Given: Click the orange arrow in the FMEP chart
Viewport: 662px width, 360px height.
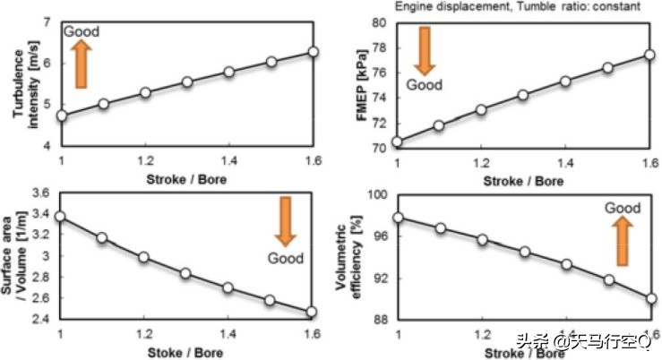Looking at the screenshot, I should (x=425, y=50).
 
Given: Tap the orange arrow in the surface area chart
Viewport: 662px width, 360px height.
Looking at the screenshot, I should (x=286, y=222).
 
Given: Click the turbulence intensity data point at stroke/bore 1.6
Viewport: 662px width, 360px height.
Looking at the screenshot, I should (x=313, y=52).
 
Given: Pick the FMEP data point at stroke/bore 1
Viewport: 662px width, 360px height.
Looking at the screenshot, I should (x=398, y=141).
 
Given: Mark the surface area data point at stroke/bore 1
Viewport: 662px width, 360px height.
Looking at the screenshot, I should (x=61, y=216).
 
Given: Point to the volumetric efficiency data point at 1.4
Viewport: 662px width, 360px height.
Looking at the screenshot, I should (x=565, y=264).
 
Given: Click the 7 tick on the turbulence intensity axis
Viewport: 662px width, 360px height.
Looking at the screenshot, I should (x=49, y=21).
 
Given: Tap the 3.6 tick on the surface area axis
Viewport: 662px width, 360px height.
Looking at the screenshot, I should (x=41, y=193).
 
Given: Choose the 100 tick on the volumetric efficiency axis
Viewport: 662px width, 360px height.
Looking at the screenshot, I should (x=378, y=194).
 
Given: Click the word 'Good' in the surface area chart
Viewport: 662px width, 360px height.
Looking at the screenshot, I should (x=287, y=259).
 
